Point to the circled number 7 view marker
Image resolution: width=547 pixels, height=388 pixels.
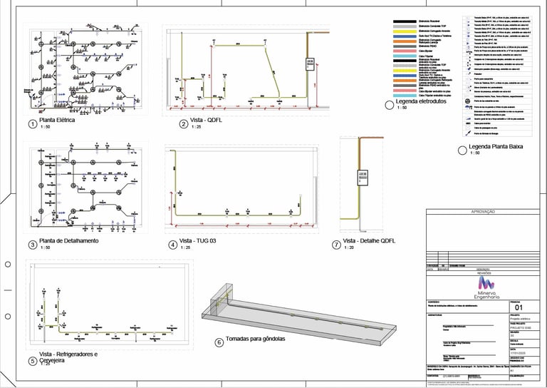tap(335, 244)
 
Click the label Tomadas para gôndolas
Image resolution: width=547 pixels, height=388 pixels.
tap(255, 339)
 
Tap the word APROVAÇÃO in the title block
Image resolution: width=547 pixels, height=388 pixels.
tap(485, 213)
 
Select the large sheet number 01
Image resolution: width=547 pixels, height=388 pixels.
tap(519, 307)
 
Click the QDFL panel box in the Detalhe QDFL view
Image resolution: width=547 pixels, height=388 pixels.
tap(362, 176)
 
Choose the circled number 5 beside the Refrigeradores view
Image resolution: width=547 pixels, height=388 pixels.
tap(31, 360)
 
